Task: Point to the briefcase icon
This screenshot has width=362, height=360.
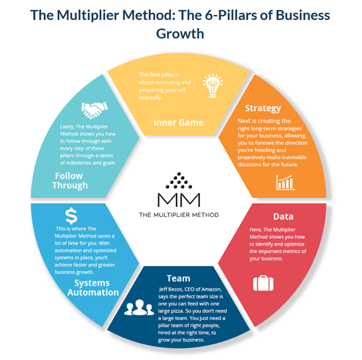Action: [262, 283]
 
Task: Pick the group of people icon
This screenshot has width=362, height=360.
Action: [138, 308]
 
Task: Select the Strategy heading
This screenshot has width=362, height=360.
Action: [262, 109]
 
